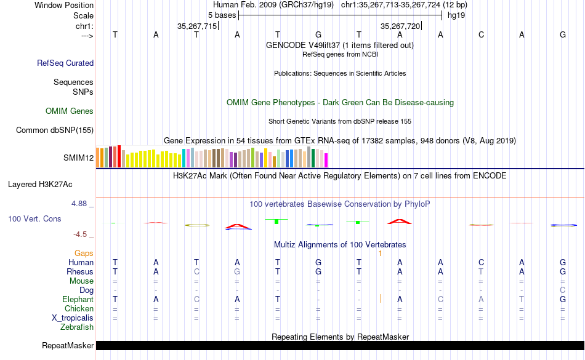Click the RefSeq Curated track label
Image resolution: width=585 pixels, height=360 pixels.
click(65, 63)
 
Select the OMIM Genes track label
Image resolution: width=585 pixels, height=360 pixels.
click(70, 111)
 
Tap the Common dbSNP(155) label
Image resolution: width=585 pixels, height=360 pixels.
click(55, 130)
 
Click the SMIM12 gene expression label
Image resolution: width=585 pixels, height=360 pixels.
click(78, 158)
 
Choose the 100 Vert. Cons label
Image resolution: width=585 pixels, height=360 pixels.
click(34, 218)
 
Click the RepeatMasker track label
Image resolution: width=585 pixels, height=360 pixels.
click(68, 346)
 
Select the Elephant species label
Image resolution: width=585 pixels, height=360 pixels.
click(78, 299)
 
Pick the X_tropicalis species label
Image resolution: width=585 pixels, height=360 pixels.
click(73, 318)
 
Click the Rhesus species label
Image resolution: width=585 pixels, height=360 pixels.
click(80, 271)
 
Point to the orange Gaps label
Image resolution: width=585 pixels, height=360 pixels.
click(84, 253)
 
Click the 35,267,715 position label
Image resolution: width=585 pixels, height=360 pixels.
click(197, 26)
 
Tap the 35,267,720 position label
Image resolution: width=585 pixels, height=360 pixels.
click(401, 26)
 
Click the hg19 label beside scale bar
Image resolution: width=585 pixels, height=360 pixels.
click(456, 14)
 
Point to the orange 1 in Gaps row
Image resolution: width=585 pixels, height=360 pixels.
click(381, 253)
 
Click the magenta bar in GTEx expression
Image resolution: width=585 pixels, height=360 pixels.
click(326, 160)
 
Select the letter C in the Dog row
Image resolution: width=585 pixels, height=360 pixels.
click(563, 290)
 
